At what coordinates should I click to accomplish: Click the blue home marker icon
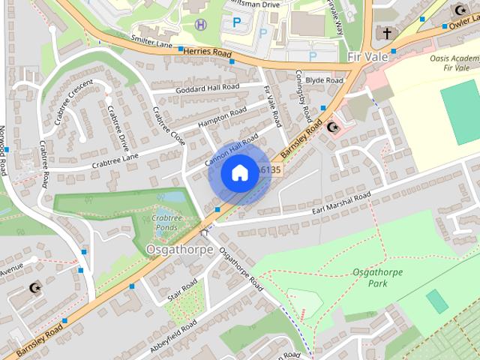coord(239,173)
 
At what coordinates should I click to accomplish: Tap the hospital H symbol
coord(201,24)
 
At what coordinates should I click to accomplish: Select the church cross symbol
coord(387,34)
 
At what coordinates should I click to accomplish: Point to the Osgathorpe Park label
coord(371,278)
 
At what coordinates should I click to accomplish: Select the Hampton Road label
coord(222,116)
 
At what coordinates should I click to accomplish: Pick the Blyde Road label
coord(324,80)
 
